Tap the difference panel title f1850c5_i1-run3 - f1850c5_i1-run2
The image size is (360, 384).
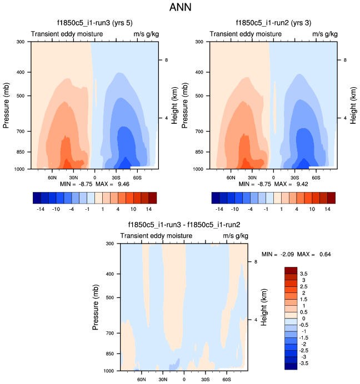(184, 225)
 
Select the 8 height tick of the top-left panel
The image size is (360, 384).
(166, 60)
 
